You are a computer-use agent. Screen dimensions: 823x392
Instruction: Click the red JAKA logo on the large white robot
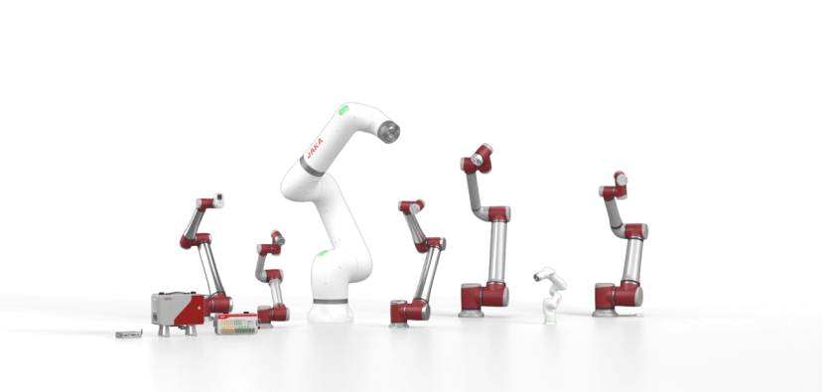click(315, 149)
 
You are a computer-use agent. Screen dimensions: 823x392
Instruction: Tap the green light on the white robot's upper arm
click(343, 110)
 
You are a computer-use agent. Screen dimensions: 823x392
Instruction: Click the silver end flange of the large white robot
click(389, 132)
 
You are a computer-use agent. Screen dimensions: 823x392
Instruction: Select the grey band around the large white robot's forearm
click(312, 168)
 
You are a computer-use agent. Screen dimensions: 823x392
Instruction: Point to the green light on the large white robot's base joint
click(323, 253)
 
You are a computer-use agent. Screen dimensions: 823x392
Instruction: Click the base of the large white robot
click(331, 311)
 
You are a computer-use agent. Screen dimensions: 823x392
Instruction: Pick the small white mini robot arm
click(550, 295)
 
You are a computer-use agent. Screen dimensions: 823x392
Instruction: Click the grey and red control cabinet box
click(178, 309)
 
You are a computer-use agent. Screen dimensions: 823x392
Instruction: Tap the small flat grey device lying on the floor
click(129, 333)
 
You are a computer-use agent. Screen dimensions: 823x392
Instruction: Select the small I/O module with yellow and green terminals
click(235, 324)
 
